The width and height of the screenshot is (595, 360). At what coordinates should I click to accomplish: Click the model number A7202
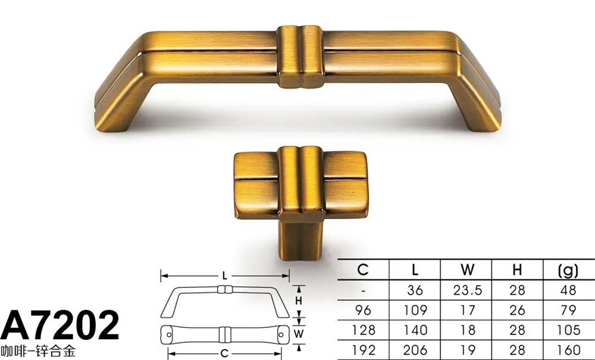(59, 325)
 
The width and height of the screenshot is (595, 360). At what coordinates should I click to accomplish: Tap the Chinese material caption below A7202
(38, 351)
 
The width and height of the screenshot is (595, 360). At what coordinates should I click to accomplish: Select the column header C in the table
(363, 270)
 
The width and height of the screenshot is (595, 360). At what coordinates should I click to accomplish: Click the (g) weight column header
(568, 270)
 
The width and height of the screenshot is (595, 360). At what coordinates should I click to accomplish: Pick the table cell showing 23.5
(467, 290)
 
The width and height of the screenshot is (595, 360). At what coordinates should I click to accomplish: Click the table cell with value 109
(415, 310)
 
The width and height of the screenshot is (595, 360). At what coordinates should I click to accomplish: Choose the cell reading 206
(415, 350)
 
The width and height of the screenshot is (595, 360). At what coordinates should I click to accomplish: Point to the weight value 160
(568, 350)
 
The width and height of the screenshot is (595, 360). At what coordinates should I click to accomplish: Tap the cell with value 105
(568, 330)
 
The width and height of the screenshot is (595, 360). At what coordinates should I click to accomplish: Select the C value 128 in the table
(363, 330)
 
